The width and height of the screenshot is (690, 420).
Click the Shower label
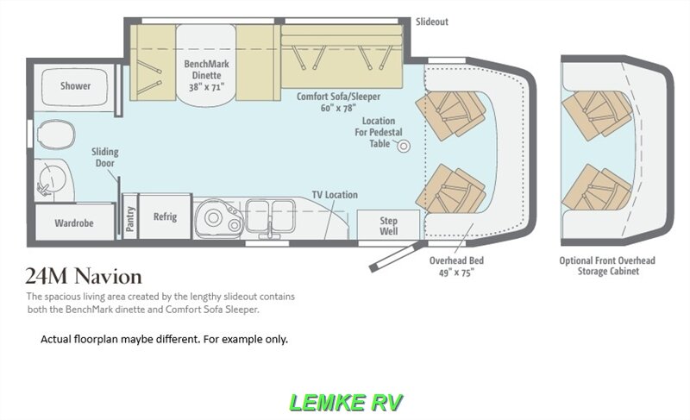coord(75,85)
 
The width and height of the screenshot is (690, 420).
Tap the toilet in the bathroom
coord(55,135)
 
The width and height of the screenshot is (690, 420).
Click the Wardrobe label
coord(74,223)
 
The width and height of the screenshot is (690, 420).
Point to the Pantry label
coord(130,218)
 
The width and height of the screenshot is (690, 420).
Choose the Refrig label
coord(165,216)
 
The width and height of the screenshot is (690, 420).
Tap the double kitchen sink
coord(270,216)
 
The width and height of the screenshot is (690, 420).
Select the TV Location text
coord(335,194)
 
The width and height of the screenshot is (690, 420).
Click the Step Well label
coord(389,226)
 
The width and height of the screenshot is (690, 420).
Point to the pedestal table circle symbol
coord(404,146)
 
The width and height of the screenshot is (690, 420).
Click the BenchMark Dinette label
coord(206,75)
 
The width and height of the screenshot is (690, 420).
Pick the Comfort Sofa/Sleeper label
coord(338,102)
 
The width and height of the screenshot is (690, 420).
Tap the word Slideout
coord(432,22)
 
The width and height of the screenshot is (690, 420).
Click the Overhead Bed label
coord(456,266)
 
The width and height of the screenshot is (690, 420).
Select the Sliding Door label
coord(104,157)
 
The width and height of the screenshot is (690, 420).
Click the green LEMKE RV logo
coord(346,402)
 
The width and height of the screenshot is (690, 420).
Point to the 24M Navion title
coord(84,276)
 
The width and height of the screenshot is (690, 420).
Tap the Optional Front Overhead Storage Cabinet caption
coord(607,266)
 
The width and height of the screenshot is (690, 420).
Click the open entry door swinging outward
coord(397,255)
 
